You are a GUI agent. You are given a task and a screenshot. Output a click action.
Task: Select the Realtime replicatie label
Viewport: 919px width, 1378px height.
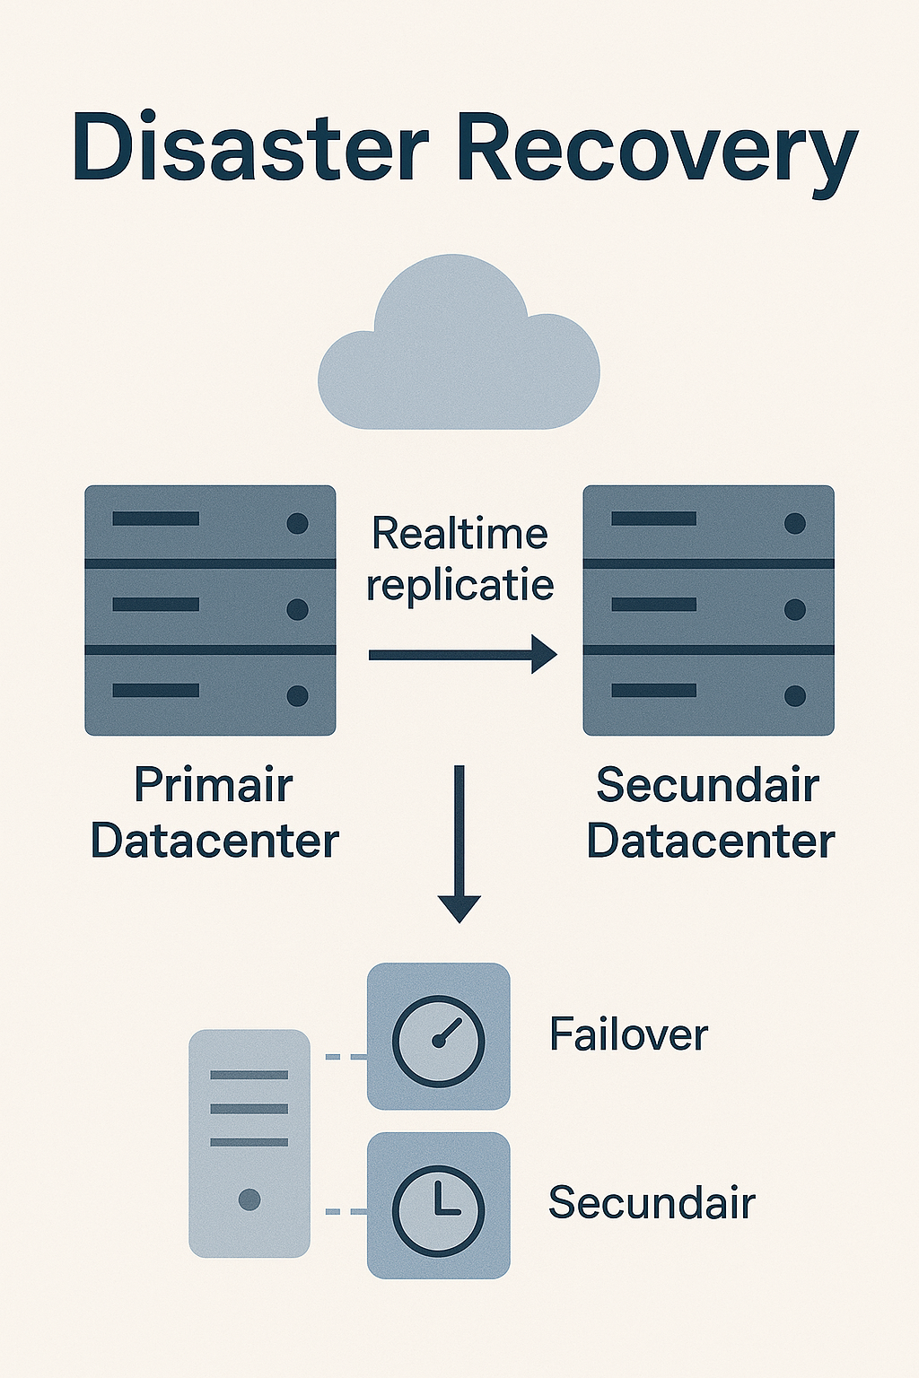[x=459, y=559]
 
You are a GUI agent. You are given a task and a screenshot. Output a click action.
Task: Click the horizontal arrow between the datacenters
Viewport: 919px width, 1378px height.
[x=462, y=655]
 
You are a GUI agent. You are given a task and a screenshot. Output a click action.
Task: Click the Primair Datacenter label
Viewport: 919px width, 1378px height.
[x=214, y=813]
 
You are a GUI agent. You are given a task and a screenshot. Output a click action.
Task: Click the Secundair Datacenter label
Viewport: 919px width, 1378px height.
[x=710, y=813]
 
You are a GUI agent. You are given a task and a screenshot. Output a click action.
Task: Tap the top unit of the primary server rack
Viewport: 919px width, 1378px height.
[x=210, y=522]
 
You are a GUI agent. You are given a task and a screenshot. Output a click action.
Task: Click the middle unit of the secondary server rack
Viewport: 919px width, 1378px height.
[x=708, y=607]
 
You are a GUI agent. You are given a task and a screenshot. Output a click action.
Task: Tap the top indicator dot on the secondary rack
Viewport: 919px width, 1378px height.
[x=794, y=523]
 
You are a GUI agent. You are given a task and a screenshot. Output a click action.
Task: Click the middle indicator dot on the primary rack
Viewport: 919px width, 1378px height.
[x=297, y=609]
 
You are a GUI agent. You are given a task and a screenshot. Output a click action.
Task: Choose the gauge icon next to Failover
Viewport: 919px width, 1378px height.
[x=439, y=1037]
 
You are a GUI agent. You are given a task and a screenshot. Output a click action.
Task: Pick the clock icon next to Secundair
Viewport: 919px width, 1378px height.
[x=439, y=1206]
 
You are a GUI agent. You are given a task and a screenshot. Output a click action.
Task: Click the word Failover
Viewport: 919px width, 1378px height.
[x=628, y=1035]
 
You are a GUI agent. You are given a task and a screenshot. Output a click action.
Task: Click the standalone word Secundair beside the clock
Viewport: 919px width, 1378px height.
[x=652, y=1203]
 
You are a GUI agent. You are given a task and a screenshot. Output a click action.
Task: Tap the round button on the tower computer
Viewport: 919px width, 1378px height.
[x=249, y=1199]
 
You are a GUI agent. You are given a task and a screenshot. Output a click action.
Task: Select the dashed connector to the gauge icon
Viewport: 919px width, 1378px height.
[x=346, y=1057]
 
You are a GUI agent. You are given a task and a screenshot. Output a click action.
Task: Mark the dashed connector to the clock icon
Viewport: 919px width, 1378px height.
[x=346, y=1211]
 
